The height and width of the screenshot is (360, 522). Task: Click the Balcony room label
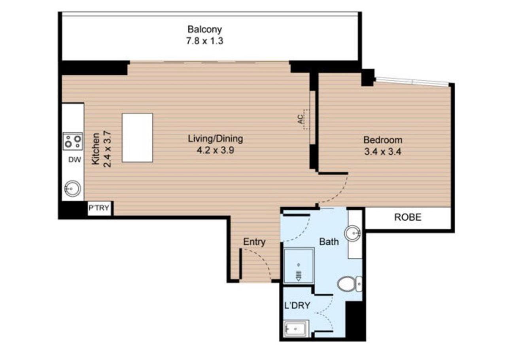pyautogui.click(x=204, y=29)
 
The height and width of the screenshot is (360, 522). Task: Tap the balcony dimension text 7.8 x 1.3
pyautogui.click(x=204, y=41)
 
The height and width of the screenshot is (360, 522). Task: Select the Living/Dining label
pyautogui.click(x=215, y=139)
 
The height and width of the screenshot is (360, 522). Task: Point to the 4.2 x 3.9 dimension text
pyautogui.click(x=215, y=150)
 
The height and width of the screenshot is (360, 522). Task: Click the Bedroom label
pyautogui.click(x=382, y=140)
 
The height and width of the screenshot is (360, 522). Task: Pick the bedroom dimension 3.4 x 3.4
pyautogui.click(x=382, y=152)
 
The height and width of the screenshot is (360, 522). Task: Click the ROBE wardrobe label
pyautogui.click(x=408, y=217)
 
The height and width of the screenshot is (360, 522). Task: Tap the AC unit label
pyautogui.click(x=301, y=119)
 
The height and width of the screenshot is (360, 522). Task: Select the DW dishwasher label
pyautogui.click(x=74, y=160)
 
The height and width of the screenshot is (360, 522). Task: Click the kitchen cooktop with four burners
pyautogui.click(x=73, y=141)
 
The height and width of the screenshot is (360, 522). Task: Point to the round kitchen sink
pyautogui.click(x=72, y=189)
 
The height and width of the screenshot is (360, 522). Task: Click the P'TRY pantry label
pyautogui.click(x=99, y=208)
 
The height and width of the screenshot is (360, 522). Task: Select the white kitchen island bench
pyautogui.click(x=137, y=138)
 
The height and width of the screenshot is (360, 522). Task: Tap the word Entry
pyautogui.click(x=254, y=242)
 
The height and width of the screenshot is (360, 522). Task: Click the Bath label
pyautogui.click(x=329, y=241)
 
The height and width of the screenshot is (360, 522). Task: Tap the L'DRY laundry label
pyautogui.click(x=297, y=305)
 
